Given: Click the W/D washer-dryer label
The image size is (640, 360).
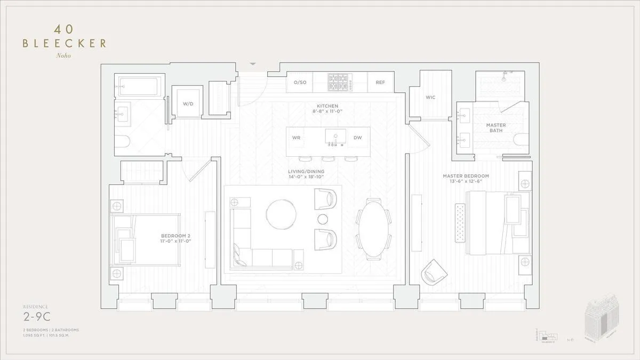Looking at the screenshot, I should click(188, 104).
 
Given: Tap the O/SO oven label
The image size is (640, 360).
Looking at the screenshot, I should click(300, 83).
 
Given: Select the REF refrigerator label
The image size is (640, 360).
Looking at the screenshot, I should click(380, 83).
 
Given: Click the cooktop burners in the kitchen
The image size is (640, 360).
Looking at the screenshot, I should click(337, 82).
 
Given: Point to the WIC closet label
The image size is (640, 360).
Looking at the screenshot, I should click(431, 98).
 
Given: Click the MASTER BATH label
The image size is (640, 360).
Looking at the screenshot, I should click(496, 128).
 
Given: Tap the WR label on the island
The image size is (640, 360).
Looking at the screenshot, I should click(296, 138).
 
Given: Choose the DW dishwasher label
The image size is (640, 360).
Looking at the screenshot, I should click(357, 138).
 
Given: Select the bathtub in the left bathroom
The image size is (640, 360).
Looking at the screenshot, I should click(139, 86).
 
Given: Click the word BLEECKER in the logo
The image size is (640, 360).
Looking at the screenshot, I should click(64, 44).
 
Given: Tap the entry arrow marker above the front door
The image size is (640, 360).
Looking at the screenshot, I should click(253, 64).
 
